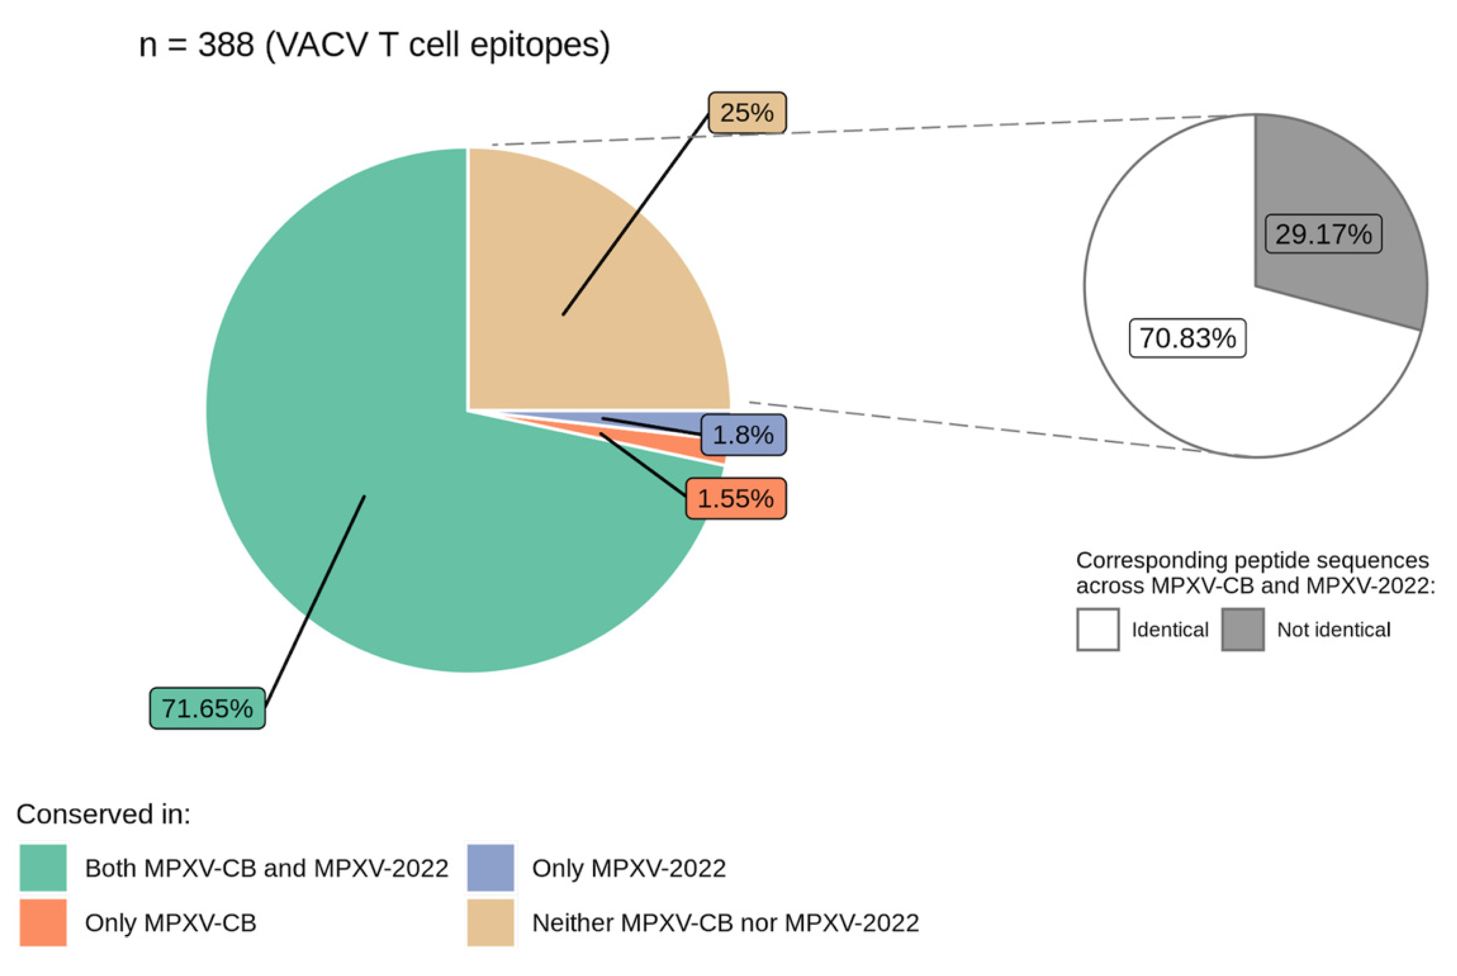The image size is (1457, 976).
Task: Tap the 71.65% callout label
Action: click(207, 708)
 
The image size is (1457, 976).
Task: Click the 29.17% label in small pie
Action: click(1323, 234)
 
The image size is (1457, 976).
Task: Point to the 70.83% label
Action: click(1187, 338)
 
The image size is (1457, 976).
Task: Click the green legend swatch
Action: click(43, 868)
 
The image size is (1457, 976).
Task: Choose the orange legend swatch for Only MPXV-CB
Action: click(43, 922)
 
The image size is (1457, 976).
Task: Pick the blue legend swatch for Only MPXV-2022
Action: click(491, 868)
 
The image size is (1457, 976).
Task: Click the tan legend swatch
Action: click(491, 922)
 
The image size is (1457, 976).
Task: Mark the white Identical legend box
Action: click(1098, 630)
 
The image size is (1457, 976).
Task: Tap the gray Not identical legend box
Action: click(1243, 630)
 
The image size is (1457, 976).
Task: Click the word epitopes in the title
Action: click(535, 46)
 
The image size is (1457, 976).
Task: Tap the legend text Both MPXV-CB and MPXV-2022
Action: click(266, 868)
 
